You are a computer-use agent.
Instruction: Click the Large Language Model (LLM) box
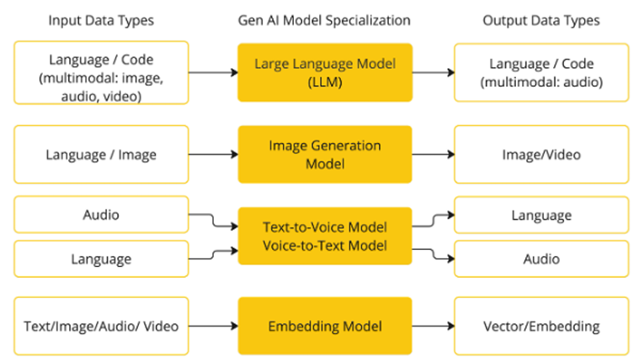tap(325, 72)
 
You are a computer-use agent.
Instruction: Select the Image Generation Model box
tap(325, 155)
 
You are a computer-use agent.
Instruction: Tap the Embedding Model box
tap(325, 326)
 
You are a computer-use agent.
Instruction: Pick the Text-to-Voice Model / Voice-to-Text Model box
tap(325, 236)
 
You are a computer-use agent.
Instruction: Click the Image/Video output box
tap(541, 155)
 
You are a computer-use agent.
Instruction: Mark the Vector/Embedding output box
tap(541, 326)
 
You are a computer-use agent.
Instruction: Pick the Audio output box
tap(541, 259)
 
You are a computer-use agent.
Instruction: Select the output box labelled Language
tap(541, 216)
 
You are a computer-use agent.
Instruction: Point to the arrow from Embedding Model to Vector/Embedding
tap(433, 326)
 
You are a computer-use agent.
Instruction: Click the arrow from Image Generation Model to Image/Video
tap(433, 155)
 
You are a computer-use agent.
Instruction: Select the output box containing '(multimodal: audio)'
tap(541, 72)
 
